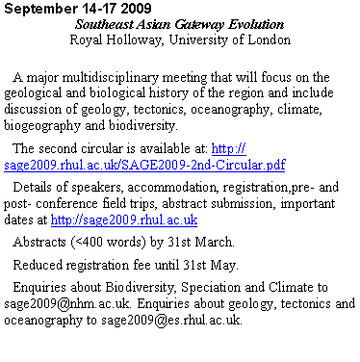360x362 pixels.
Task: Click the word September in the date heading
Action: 36,8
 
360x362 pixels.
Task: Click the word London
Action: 268,40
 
